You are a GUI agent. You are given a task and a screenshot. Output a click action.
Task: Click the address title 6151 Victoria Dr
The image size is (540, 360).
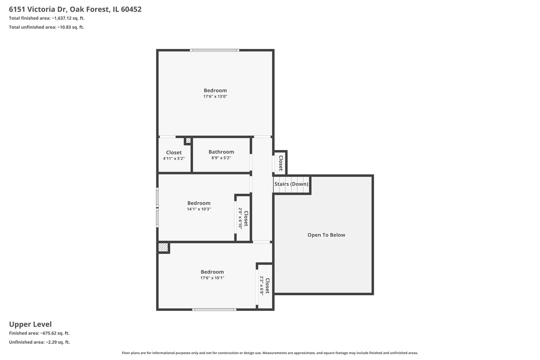[x=75, y=9]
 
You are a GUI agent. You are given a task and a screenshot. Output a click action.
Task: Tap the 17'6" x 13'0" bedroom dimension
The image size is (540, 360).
[x=215, y=97]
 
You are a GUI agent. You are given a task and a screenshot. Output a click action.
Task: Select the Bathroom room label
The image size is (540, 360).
[x=221, y=152]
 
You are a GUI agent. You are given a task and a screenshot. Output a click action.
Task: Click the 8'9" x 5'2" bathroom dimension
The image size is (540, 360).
[x=221, y=158]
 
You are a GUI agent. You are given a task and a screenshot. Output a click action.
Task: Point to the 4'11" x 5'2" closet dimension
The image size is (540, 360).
[x=174, y=159]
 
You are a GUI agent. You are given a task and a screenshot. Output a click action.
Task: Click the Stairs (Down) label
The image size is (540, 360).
[x=291, y=184]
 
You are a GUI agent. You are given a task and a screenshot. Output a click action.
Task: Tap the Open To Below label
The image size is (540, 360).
[x=326, y=235]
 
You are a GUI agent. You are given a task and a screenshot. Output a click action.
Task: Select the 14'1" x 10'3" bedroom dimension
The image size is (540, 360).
[x=199, y=209]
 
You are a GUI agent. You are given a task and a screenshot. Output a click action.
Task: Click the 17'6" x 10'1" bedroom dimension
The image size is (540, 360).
[x=212, y=278]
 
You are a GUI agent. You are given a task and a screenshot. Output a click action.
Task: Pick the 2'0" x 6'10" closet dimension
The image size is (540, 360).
[x=240, y=218]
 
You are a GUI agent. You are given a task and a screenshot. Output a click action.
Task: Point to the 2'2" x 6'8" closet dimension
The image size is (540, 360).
[x=262, y=286]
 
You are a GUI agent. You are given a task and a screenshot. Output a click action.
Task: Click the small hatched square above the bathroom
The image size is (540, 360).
[x=188, y=141]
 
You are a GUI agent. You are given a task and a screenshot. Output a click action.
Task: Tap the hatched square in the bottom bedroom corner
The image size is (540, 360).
[x=163, y=248]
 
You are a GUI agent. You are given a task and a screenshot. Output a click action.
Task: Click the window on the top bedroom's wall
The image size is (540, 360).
[x=215, y=50]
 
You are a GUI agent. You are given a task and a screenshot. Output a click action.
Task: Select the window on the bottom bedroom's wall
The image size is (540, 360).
[x=214, y=310]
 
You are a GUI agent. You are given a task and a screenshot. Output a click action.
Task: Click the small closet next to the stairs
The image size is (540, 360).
[x=280, y=163]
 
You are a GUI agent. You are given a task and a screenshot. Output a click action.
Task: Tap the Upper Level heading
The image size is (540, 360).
[x=30, y=324]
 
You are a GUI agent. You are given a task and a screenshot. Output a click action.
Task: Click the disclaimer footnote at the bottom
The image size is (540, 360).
[x=270, y=353]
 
